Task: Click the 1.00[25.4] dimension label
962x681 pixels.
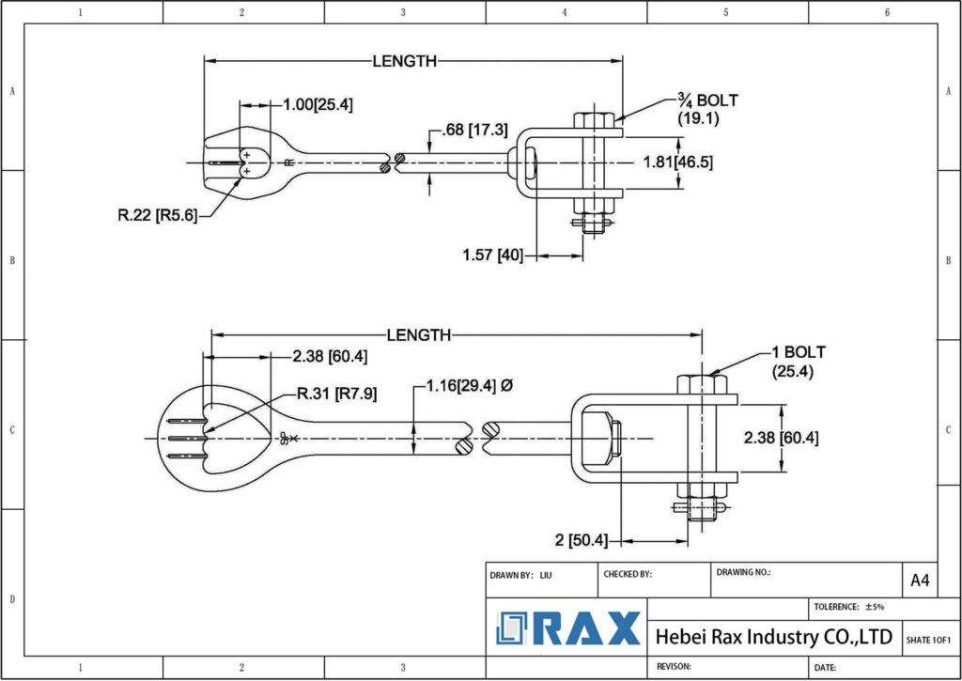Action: click(318, 104)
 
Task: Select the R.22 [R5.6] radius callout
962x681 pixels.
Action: click(157, 215)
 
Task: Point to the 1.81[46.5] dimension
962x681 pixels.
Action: click(676, 162)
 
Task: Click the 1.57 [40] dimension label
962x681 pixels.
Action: click(492, 255)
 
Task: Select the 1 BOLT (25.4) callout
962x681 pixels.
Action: click(798, 362)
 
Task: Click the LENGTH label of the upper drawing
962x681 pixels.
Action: click(405, 61)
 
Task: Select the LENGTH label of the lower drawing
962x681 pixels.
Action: click(419, 335)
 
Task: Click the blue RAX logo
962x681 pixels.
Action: click(569, 628)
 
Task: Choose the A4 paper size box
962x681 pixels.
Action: click(920, 580)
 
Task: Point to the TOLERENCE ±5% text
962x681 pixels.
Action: click(849, 607)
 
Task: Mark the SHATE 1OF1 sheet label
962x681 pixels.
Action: click(928, 640)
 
